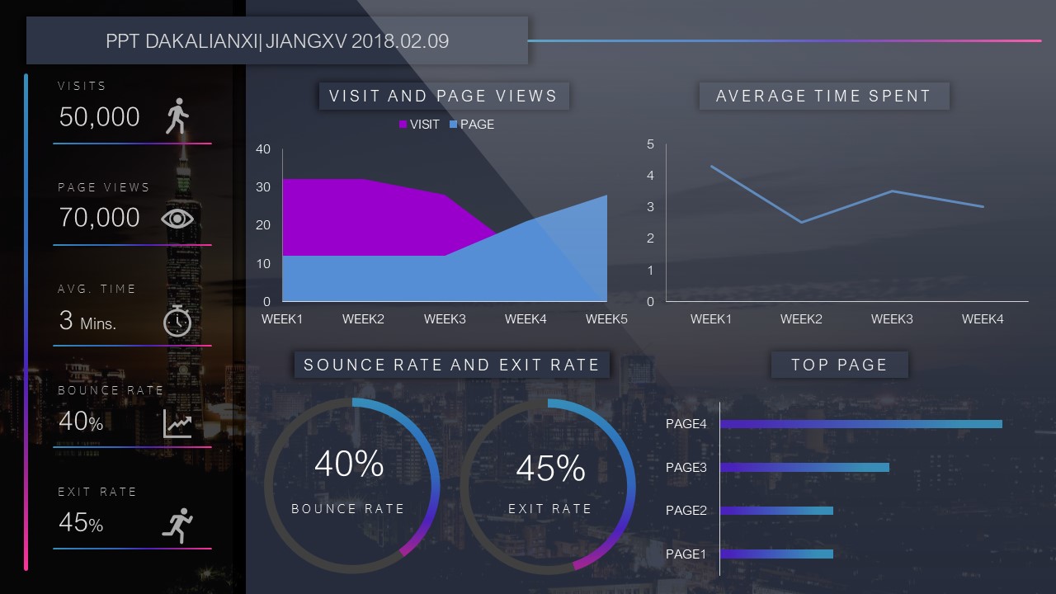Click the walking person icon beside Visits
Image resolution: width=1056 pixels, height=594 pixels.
(177, 116)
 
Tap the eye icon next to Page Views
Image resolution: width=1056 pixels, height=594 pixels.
(177, 218)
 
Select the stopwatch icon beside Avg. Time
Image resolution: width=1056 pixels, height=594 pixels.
(177, 320)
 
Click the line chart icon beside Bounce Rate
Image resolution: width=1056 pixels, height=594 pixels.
(177, 423)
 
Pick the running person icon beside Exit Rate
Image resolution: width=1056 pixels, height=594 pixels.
(177, 525)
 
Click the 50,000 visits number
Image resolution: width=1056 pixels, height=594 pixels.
(100, 117)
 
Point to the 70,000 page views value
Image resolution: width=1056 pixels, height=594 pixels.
(100, 218)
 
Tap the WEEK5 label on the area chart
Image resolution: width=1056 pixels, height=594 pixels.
(607, 318)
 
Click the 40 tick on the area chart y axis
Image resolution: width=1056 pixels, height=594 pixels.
(263, 149)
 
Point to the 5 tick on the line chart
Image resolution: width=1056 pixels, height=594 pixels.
(650, 144)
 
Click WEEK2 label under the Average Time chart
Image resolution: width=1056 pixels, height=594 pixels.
(801, 318)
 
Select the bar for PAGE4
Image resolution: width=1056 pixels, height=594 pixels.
(861, 424)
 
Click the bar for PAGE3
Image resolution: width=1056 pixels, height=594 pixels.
(805, 467)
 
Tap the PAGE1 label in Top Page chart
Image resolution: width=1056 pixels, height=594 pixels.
(686, 554)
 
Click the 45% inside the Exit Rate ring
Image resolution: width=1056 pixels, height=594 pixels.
(550, 469)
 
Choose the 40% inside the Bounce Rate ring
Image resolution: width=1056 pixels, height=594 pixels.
(349, 464)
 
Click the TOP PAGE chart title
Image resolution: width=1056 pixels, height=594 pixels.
(839, 365)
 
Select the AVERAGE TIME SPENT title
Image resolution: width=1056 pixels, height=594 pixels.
(823, 96)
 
